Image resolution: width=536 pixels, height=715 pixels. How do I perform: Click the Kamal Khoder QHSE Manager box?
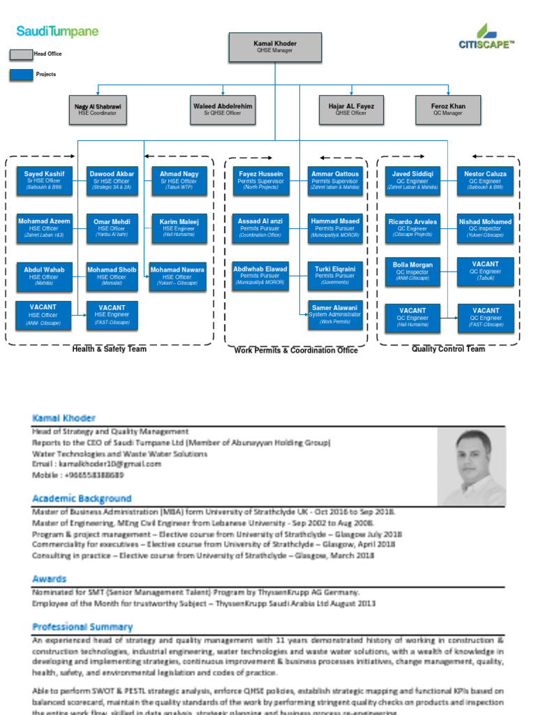275,47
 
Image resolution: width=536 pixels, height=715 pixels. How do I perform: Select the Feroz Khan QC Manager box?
447,110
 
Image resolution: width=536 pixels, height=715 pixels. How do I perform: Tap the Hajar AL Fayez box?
351,110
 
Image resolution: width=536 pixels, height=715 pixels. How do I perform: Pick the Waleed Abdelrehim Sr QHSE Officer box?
223,110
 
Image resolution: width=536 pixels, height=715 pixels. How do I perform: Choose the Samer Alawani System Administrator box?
334,314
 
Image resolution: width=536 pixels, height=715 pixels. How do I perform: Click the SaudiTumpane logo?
57,32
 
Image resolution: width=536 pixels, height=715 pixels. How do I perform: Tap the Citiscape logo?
486,38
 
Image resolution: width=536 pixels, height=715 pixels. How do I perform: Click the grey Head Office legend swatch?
21,54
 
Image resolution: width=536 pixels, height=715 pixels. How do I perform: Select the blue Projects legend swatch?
21,75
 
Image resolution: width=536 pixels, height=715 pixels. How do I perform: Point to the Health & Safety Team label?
110,349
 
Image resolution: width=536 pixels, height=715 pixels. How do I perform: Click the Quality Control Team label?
447,349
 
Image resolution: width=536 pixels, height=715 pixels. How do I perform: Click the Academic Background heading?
82,499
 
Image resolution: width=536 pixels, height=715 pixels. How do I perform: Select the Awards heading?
49,579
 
